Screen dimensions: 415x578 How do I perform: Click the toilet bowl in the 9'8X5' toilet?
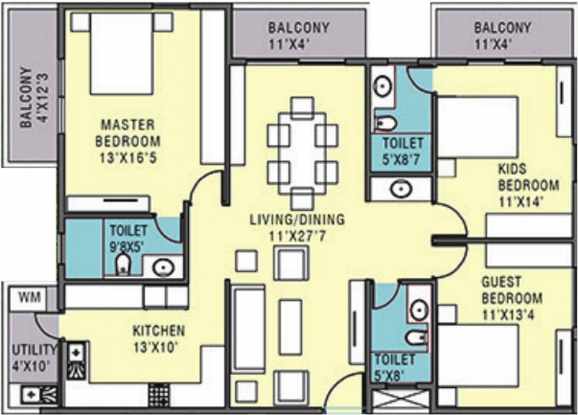point(123,264)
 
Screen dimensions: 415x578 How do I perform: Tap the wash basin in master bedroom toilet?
point(162,267)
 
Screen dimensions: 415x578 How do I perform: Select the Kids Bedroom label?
point(528,177)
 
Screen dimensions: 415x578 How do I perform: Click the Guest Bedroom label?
point(511,298)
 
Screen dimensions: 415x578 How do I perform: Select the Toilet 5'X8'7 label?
point(403,152)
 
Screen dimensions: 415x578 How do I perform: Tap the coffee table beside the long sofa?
point(290,327)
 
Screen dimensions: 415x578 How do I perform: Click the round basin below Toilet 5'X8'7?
point(402,189)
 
